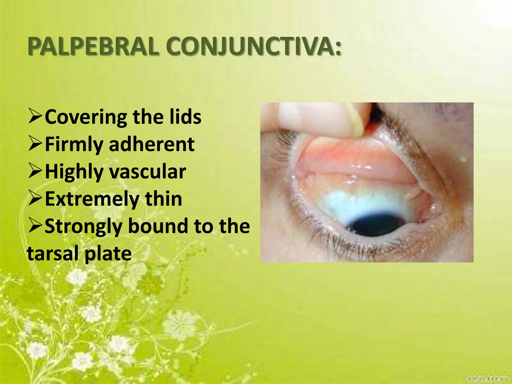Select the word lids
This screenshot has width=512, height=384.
point(185,117)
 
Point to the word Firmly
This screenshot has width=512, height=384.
point(74,144)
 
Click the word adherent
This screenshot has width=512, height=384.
point(151,144)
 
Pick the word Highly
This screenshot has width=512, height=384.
point(74,172)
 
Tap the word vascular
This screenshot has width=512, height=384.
point(148,172)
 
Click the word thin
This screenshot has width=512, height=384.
point(163,199)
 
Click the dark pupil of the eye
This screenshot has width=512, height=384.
point(375,226)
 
